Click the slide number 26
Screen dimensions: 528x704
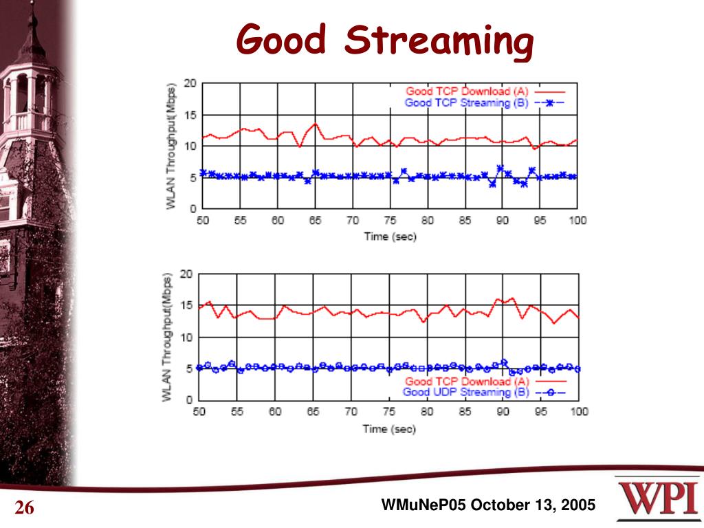pos(25,509)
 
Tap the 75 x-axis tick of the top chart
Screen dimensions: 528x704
pos(390,221)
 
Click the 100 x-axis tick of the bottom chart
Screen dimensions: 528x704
pos(579,412)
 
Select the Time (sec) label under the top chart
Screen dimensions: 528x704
pos(390,236)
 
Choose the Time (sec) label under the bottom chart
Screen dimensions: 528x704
pos(390,428)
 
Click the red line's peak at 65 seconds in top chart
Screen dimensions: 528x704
pos(315,124)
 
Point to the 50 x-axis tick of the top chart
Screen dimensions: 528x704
pos(203,221)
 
